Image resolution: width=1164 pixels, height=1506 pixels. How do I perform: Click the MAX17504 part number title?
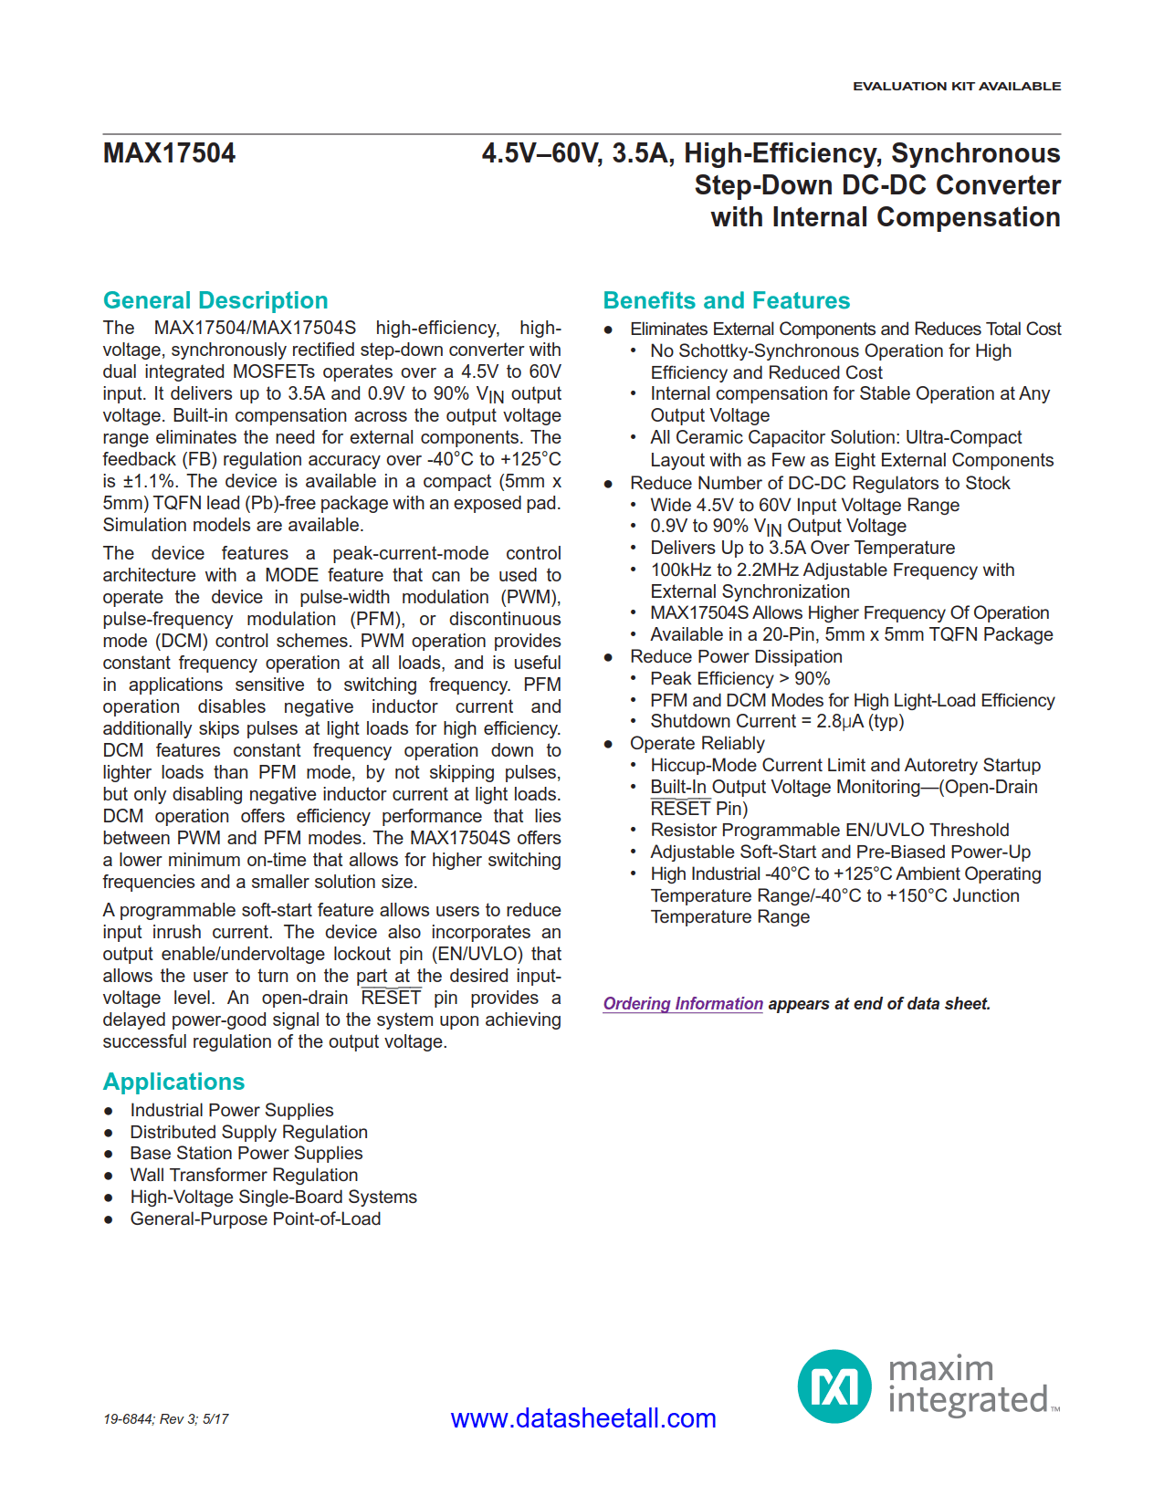169,153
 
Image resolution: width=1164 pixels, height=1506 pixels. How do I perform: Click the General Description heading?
215,300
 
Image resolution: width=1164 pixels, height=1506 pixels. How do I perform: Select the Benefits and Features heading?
726,300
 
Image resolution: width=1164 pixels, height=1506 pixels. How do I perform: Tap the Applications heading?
173,1082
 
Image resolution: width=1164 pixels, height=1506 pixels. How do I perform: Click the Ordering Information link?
683,1004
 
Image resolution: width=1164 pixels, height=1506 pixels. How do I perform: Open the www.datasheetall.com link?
583,1418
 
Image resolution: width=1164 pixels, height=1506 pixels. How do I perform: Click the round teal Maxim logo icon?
834,1386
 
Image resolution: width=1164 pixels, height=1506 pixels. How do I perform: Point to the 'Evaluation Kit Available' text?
957,86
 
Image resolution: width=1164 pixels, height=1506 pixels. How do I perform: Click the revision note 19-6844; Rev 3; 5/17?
166,1419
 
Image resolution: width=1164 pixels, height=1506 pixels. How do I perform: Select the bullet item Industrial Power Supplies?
232,1110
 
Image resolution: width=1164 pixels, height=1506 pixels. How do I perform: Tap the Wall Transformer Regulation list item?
244,1175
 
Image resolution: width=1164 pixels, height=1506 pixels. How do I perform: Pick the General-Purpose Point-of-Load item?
256,1218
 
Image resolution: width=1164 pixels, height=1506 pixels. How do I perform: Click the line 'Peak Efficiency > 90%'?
740,678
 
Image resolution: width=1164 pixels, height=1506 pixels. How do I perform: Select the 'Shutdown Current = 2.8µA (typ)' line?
777,721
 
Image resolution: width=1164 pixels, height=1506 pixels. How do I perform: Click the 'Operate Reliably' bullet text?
697,743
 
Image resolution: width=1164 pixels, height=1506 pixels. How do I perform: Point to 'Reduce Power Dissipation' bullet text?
736,656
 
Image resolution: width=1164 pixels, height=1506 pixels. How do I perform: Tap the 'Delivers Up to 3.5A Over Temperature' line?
802,548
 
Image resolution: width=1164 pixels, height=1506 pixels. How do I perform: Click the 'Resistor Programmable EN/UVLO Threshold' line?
830,830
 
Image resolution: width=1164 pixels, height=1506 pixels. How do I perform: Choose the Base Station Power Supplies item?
246,1153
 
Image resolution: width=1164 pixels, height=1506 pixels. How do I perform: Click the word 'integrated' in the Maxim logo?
968,1400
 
